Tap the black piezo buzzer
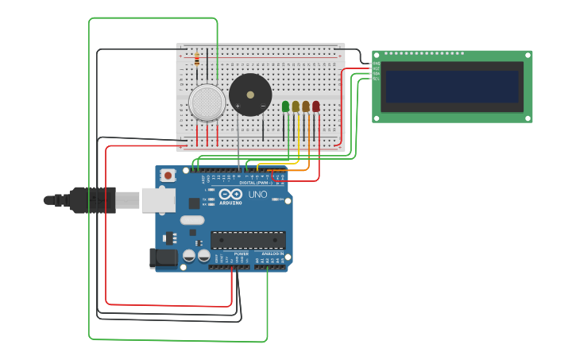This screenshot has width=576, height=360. tap(250, 95)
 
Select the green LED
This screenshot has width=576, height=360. tap(285, 106)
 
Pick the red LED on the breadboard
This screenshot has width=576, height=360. tap(315, 106)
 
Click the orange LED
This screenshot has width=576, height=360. tap(306, 106)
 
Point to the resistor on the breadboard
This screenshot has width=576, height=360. tap(196, 59)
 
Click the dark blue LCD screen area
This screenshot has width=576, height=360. tap(451, 87)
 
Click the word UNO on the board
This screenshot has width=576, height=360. tap(258, 195)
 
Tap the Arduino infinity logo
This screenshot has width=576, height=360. tap(231, 195)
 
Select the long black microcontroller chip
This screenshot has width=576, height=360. tap(248, 239)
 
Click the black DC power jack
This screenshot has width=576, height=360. tap(163, 257)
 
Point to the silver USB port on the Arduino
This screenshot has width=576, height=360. tap(158, 200)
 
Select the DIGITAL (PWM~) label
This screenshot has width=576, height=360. tap(255, 183)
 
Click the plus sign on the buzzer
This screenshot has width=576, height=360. tap(238, 105)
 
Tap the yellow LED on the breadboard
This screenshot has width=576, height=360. tap(296, 106)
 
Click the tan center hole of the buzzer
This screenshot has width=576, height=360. tap(250, 95)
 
